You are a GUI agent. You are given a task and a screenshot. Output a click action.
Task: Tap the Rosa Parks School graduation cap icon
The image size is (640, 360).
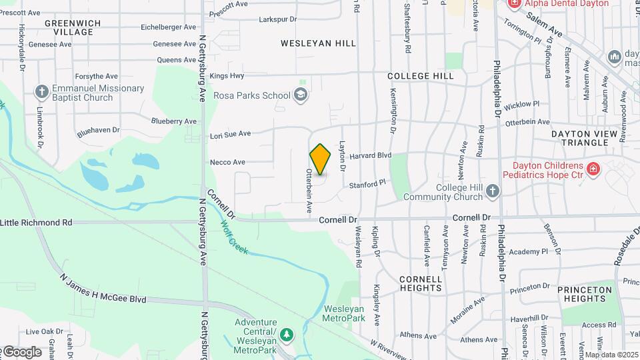coord(301,95)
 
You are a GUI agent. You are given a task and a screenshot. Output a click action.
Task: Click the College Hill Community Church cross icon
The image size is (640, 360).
coord(493,192)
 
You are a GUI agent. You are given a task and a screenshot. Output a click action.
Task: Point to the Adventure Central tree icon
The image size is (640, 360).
coord(287,333)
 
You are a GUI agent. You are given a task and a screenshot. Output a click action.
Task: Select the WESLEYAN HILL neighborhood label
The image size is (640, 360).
coord(318,43)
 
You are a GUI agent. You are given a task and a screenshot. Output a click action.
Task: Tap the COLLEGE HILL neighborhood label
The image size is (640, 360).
coord(420,77)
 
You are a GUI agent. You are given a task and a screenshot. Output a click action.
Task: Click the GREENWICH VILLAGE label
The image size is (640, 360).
coord(73,27)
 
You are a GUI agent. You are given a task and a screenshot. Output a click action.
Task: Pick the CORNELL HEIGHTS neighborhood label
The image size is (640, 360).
coord(421,283)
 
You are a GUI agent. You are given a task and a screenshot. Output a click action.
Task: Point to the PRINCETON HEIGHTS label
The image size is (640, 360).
coord(585,294)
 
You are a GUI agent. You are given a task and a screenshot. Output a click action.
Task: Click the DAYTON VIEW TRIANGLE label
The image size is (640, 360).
coord(585,138)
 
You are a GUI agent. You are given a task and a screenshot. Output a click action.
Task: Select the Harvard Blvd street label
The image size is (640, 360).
coord(369,155)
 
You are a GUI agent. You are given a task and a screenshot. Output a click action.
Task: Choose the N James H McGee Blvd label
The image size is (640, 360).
coord(103,289)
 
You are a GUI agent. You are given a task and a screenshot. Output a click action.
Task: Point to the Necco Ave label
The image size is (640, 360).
coord(227,162)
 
